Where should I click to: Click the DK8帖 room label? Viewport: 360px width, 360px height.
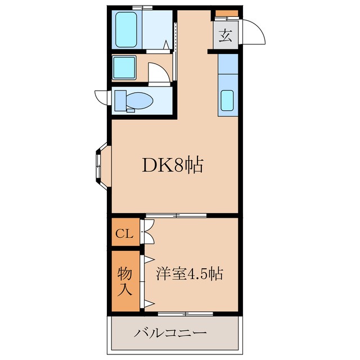point(172,165)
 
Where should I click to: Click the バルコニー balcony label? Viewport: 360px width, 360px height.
point(170,332)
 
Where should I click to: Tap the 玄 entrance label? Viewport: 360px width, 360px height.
point(225,36)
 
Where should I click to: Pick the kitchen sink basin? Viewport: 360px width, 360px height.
point(227,100)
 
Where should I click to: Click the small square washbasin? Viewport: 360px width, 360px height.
point(123,68)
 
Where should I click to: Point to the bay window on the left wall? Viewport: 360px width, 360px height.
point(100,168)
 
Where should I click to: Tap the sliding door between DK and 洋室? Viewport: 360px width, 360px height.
point(175,215)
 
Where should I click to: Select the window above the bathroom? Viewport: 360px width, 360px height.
point(142,7)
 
